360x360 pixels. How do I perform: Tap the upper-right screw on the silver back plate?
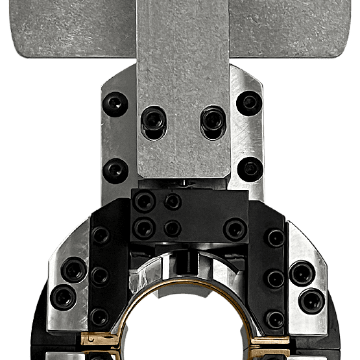click(x=249, y=102)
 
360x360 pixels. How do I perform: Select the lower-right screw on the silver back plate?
click(x=250, y=169)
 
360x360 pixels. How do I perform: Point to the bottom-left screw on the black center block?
click(x=143, y=228)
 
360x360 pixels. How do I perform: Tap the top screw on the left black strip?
click(x=100, y=236)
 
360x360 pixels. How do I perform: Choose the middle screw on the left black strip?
click(x=99, y=277)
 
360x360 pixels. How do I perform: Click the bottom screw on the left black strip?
click(x=99, y=318)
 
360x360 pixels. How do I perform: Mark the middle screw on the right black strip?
click(x=276, y=278)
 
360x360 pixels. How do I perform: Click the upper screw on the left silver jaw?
click(x=75, y=267)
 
